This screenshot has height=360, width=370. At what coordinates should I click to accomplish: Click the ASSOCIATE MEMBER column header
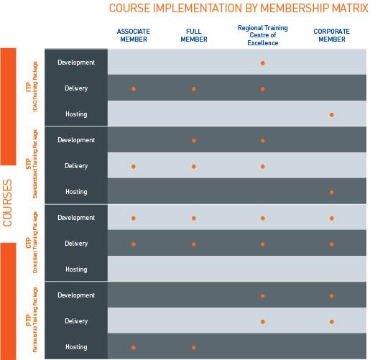tap(134, 35)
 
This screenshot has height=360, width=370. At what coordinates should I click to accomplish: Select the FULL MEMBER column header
tap(194, 35)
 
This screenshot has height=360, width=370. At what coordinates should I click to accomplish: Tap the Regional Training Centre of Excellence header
tap(263, 35)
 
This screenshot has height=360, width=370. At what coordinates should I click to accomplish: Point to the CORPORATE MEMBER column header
tap(332, 35)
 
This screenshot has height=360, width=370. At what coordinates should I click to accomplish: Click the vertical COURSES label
tap(7, 203)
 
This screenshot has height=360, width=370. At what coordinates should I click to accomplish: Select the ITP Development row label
tap(76, 63)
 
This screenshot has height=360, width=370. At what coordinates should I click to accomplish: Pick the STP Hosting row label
tap(76, 192)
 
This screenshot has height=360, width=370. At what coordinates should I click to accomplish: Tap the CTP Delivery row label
tap(76, 244)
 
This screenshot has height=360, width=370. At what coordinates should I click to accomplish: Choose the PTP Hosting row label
tap(76, 347)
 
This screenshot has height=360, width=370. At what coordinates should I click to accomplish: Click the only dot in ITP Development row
tap(263, 63)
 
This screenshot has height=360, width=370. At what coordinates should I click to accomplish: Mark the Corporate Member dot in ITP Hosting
tap(332, 115)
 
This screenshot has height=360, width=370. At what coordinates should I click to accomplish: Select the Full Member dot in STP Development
tap(194, 141)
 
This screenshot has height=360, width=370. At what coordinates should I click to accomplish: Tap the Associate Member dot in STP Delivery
tap(134, 167)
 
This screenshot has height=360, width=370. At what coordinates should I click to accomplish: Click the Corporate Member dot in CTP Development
tap(332, 218)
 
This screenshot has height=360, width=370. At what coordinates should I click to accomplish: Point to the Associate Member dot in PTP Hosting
tap(134, 348)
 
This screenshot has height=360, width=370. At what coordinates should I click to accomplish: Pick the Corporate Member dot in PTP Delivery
tap(332, 322)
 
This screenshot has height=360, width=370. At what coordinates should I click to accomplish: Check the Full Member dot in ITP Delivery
tap(194, 89)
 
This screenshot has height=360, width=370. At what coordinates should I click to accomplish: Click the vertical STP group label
tap(29, 164)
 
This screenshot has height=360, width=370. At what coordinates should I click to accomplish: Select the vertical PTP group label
tap(29, 320)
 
